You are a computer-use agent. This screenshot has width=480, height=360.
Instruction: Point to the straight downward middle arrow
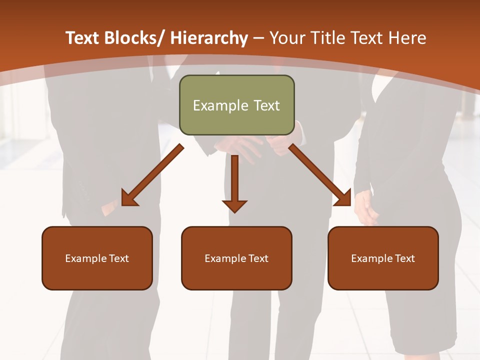pos(234,180)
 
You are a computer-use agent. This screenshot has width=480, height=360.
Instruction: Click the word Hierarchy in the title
pos(208,38)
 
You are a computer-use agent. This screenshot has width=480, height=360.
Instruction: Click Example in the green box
pos(213,105)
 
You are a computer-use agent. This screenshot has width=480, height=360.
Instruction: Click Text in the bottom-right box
pos(405,258)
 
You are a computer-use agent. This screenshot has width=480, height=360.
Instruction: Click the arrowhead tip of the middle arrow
pos(234,211)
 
